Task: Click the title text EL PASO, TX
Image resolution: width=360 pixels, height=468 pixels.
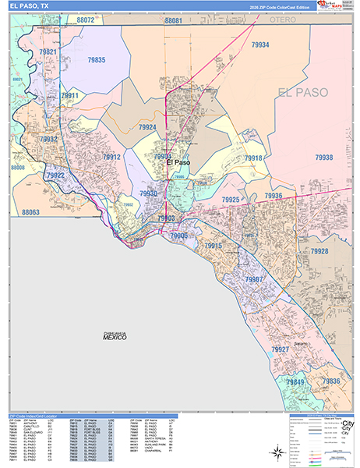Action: (x=30, y=5)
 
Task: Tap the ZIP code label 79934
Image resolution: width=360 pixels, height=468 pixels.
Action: (x=260, y=45)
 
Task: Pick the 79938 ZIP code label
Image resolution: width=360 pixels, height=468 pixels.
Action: (x=323, y=158)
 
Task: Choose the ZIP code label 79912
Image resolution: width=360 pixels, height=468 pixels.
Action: (x=111, y=157)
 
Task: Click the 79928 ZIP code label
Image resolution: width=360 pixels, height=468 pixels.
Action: (x=319, y=251)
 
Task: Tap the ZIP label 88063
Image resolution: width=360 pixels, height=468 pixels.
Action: (x=31, y=212)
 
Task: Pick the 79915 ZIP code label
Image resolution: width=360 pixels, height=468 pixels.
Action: (x=214, y=246)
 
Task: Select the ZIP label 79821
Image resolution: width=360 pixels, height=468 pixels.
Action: (x=48, y=51)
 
